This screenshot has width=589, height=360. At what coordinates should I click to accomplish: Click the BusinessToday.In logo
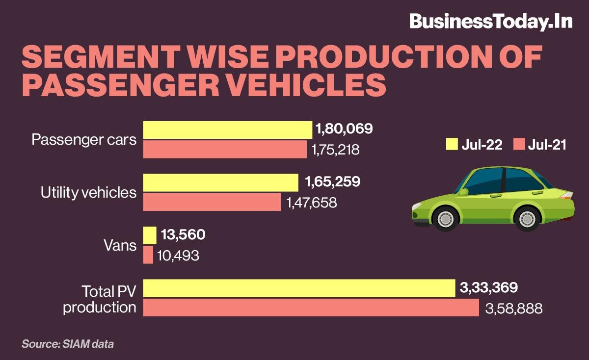click(491, 21)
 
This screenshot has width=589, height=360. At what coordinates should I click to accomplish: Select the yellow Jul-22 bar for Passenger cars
click(227, 130)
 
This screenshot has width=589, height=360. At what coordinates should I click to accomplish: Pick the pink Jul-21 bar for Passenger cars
click(225, 149)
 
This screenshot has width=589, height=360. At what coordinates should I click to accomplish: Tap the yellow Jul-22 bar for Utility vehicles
click(220, 182)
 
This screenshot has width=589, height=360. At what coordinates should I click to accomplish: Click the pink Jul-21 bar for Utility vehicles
click(212, 202)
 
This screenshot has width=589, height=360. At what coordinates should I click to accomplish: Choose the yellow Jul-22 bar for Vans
click(150, 235)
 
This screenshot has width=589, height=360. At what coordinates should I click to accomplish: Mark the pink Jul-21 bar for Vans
click(148, 255)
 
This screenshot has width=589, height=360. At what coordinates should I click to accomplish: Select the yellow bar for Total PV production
click(299, 288)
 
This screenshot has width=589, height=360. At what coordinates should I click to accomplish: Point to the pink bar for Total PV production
click(311, 308)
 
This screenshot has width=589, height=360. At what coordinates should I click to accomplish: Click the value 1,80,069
click(344, 129)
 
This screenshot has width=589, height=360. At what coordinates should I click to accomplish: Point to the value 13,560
click(183, 235)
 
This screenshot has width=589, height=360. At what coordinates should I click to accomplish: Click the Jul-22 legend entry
click(474, 144)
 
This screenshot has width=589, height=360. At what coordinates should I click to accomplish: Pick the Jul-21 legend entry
click(540, 144)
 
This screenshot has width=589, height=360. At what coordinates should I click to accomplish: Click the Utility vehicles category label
click(88, 193)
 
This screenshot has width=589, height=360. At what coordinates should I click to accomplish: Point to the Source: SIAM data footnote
click(68, 344)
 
